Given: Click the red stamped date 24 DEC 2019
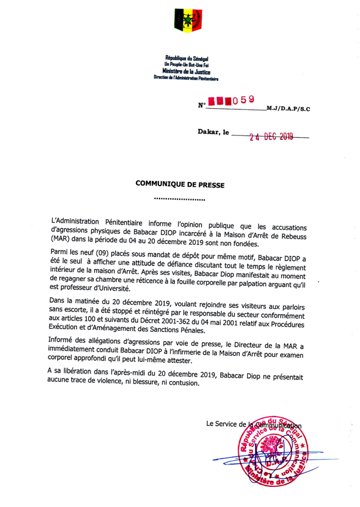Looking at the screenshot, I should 275,139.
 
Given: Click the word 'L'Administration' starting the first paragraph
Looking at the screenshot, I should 83,223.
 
